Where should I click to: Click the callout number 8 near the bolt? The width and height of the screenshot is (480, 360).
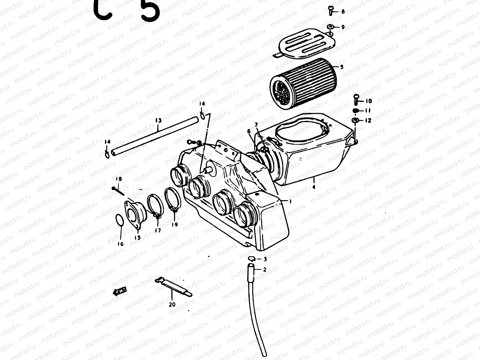click(x=343, y=12)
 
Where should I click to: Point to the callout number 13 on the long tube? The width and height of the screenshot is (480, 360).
click(x=158, y=121)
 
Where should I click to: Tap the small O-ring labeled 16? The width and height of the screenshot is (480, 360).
click(x=119, y=220)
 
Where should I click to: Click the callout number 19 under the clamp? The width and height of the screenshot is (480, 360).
click(x=174, y=224)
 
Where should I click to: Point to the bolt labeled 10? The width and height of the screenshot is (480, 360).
click(x=356, y=98)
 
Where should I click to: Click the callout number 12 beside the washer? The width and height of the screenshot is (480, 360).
click(x=368, y=121)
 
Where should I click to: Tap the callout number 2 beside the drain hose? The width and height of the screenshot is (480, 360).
click(x=264, y=270)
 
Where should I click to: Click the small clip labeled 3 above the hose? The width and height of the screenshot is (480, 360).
click(x=251, y=259)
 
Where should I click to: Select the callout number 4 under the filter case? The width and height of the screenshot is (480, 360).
click(x=314, y=187)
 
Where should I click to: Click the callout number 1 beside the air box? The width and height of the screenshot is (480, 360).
click(x=290, y=202)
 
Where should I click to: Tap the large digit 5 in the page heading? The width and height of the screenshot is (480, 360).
click(x=150, y=9)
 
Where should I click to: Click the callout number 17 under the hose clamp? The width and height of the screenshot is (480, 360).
click(x=158, y=230)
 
